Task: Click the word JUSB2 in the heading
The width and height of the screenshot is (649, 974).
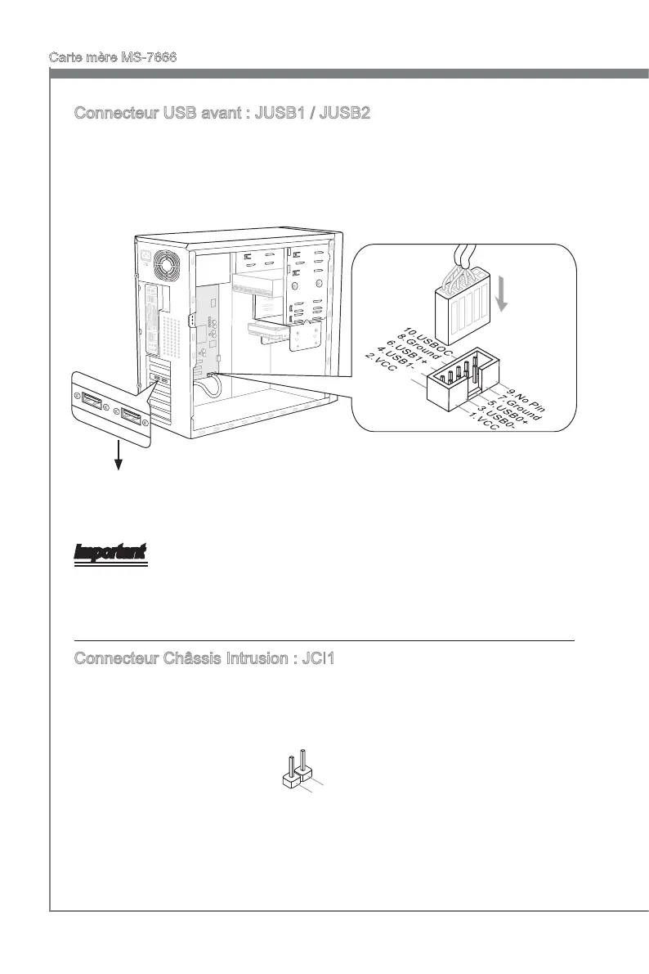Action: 347,113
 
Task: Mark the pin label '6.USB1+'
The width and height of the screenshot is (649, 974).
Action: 405,352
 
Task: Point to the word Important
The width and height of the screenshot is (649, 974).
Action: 110,553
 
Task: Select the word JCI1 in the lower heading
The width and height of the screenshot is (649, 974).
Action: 315,658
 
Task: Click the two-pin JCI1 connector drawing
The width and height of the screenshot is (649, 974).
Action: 295,772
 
